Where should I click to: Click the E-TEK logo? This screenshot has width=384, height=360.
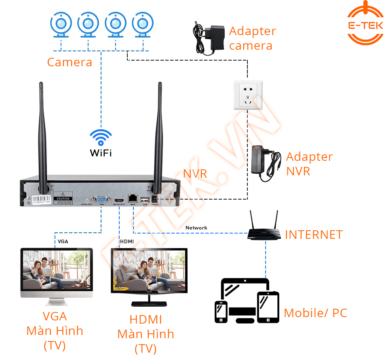pyautogui.click(x=365, y=25)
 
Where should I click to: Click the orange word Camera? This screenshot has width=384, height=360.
pyautogui.click(x=70, y=62)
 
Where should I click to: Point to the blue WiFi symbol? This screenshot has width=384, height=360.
pyautogui.click(x=101, y=137)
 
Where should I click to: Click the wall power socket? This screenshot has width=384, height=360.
pyautogui.click(x=248, y=95)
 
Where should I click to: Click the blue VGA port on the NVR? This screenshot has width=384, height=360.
pyautogui.click(x=100, y=199)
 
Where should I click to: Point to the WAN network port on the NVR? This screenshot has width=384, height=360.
pyautogui.click(x=133, y=198)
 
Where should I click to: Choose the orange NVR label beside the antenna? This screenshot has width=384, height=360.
pyautogui.click(x=195, y=174)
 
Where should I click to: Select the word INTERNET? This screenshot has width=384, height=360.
pyautogui.click(x=314, y=235)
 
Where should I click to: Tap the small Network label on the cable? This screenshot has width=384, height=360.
pyautogui.click(x=196, y=228)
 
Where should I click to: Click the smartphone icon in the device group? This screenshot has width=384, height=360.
pyautogui.click(x=221, y=312)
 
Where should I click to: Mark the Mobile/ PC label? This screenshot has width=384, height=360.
pyautogui.click(x=315, y=313)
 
